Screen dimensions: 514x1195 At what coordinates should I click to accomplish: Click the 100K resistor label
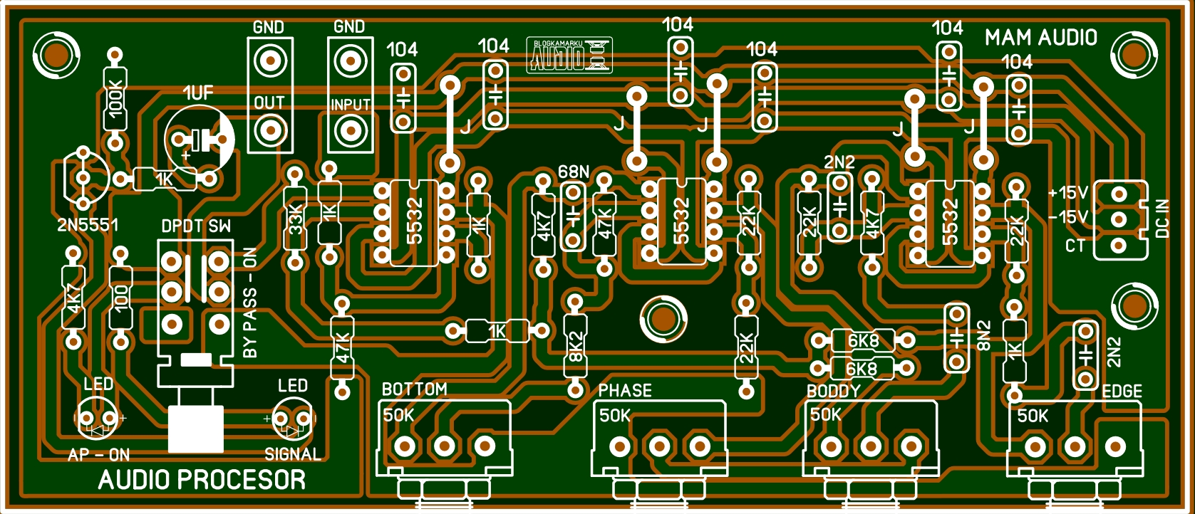[115, 98]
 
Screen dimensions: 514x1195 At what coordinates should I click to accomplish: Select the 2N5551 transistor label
[88, 225]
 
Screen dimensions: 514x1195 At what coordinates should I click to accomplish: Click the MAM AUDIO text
[1040, 38]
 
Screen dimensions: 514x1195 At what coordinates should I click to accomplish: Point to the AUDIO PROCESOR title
[202, 480]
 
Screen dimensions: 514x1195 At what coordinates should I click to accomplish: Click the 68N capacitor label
[574, 172]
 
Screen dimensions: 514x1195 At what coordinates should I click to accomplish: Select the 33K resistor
[295, 219]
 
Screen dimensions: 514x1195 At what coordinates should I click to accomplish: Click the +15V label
[1067, 193]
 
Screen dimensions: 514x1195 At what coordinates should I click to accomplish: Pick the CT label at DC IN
[1075, 246]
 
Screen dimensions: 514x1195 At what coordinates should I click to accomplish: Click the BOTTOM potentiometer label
[414, 389]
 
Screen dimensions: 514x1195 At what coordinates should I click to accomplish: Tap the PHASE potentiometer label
[624, 390]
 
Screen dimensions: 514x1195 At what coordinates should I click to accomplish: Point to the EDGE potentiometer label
[1122, 391]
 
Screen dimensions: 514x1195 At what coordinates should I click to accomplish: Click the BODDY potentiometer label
[833, 391]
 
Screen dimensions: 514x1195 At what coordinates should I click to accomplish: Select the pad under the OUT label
[269, 130]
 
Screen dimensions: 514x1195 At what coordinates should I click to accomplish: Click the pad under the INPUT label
[350, 130]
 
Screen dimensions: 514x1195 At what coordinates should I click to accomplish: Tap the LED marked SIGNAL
[293, 419]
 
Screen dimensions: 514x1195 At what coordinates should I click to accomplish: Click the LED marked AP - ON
[97, 418]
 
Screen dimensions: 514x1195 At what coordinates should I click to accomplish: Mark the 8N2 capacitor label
[984, 335]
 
